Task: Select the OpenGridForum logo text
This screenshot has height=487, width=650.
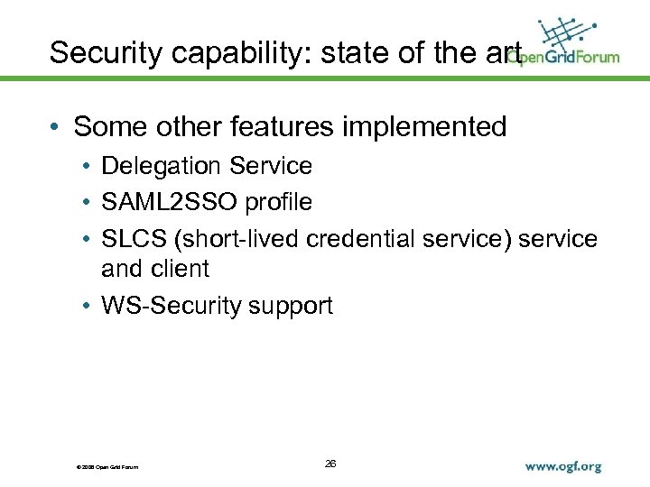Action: pos(564,57)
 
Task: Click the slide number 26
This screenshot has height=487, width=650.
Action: pos(330,464)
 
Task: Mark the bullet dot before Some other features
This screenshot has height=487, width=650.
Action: pos(56,128)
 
